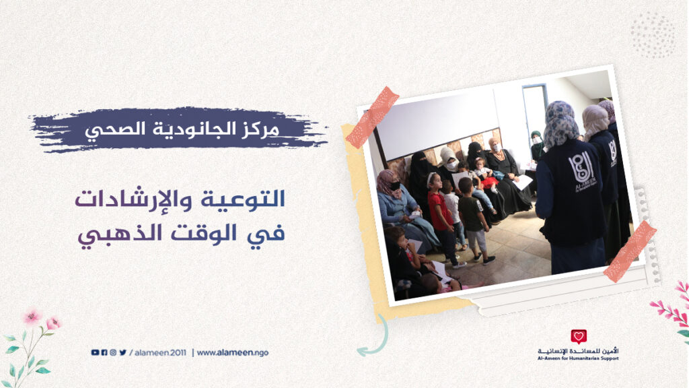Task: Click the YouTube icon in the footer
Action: coord(95,352)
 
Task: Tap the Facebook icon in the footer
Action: coord(104,352)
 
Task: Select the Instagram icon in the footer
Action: coord(113,352)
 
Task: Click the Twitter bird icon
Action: coord(122,352)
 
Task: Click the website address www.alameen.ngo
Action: coord(232,353)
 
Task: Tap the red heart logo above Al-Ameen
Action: coord(579,337)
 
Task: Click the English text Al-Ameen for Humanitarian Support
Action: coord(578,358)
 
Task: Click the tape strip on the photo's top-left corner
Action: coord(372,117)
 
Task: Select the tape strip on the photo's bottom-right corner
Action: coord(630,252)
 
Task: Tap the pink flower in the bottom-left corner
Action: coord(32,317)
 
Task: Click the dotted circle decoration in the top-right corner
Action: coord(653,35)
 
